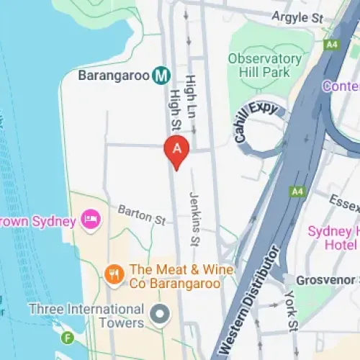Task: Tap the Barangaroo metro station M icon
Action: (x=161, y=75)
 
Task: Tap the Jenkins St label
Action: (x=193, y=217)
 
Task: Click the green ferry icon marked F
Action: (x=68, y=337)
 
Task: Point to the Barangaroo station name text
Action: (x=114, y=75)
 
